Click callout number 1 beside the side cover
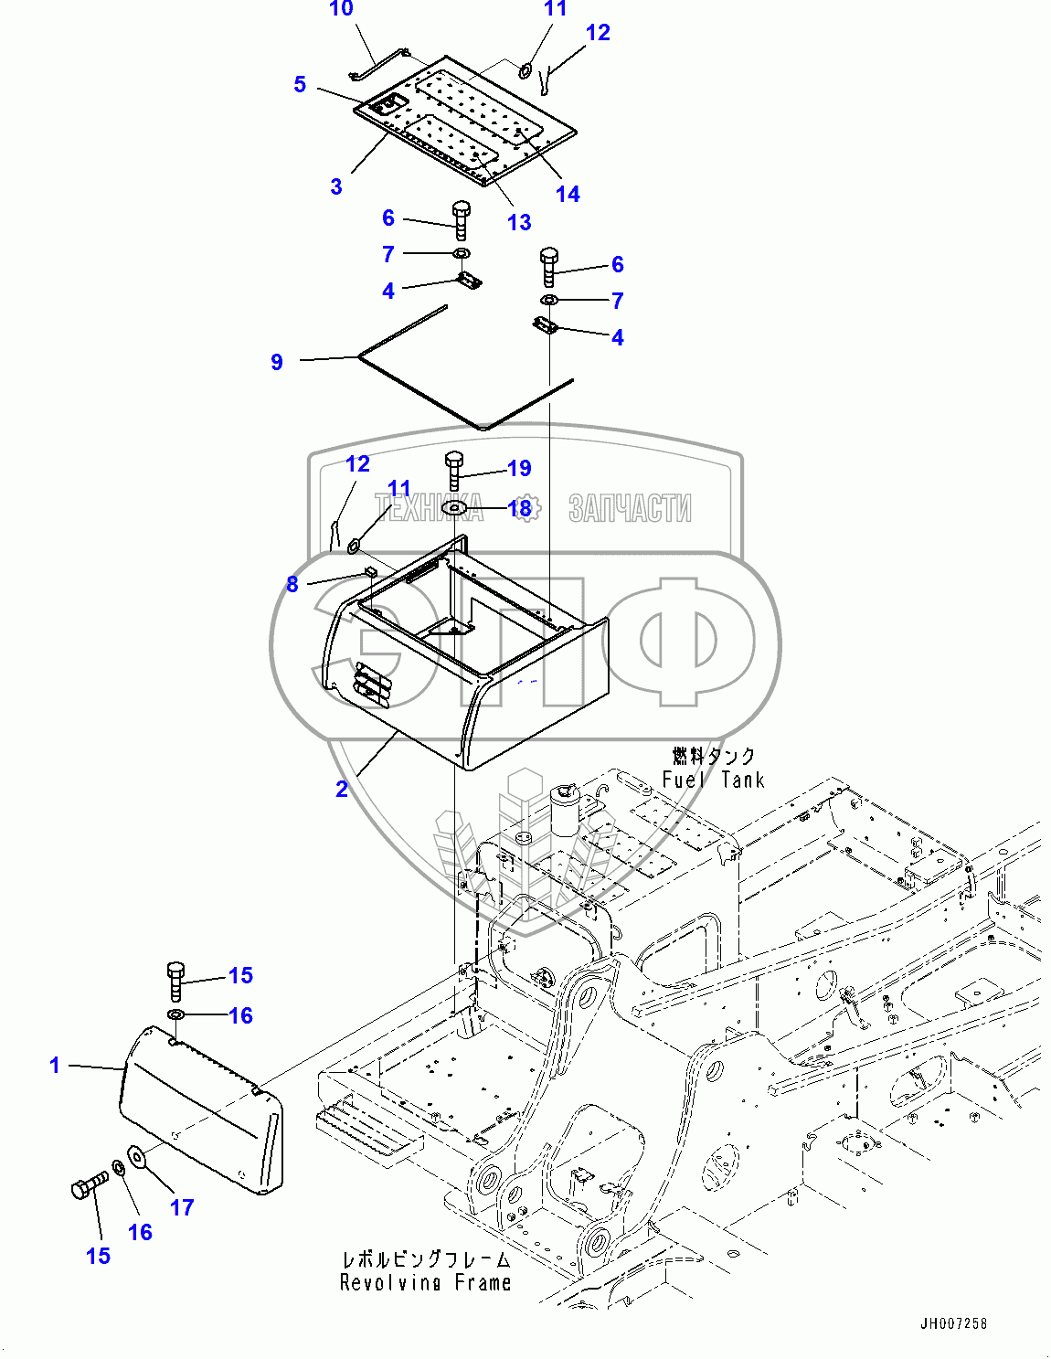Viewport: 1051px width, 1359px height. coord(55,1065)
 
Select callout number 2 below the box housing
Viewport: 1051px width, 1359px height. coord(342,789)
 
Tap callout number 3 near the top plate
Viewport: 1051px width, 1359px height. coord(336,187)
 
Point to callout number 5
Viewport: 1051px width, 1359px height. coord(300,84)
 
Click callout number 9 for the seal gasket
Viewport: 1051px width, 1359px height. coord(277,362)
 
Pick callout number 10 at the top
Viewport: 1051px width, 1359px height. coord(341,9)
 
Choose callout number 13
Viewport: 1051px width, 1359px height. coord(519,222)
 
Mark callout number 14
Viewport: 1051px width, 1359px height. coord(568,194)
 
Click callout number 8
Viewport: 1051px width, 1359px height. coord(292,584)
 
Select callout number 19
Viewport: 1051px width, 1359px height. coord(519,468)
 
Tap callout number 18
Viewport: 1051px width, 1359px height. coord(519,508)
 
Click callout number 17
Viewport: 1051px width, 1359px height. coord(182,1207)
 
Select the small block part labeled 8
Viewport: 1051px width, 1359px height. coord(371,571)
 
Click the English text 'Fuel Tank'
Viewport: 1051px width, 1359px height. coord(713,780)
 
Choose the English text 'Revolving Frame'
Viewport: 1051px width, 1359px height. coord(425,1283)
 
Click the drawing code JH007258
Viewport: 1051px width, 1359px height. coord(953,1323)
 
